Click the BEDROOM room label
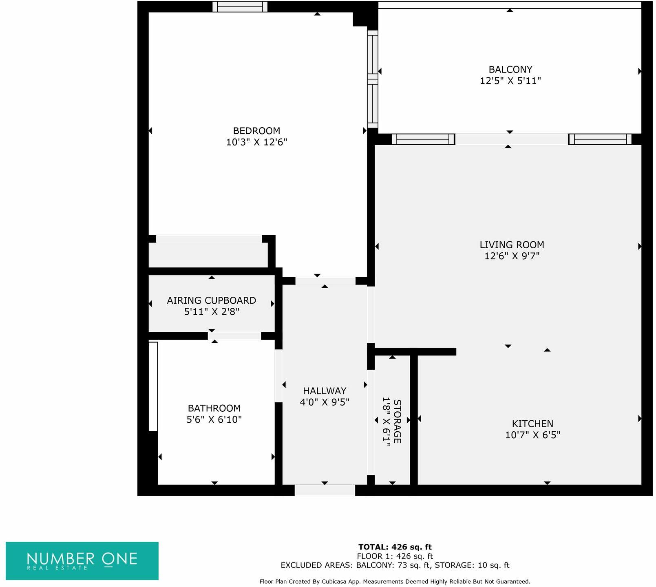pyautogui.click(x=256, y=131)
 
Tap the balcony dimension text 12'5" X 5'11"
pyautogui.click(x=510, y=81)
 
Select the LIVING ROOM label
pyautogui.click(x=512, y=245)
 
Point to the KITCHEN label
pyautogui.click(x=532, y=424)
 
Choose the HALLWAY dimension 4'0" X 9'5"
pyautogui.click(x=325, y=402)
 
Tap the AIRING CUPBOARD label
pyautogui.click(x=211, y=300)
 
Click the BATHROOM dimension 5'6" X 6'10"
pyautogui.click(x=214, y=419)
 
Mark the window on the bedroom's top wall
pyautogui.click(x=240, y=7)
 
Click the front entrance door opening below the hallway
pyautogui.click(x=325, y=490)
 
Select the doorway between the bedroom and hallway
pyautogui.click(x=325, y=281)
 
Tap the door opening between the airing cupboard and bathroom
pyautogui.click(x=234, y=336)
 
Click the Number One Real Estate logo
pyautogui.click(x=82, y=561)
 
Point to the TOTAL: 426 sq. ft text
pyautogui.click(x=395, y=547)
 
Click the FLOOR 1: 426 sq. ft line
pyautogui.click(x=395, y=556)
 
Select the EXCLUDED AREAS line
pyautogui.click(x=395, y=565)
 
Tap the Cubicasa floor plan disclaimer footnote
pyautogui.click(x=395, y=582)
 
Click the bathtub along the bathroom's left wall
pyautogui.click(x=153, y=386)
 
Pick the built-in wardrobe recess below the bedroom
pyautogui.click(x=208, y=255)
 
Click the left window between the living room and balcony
pyautogui.click(x=423, y=139)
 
